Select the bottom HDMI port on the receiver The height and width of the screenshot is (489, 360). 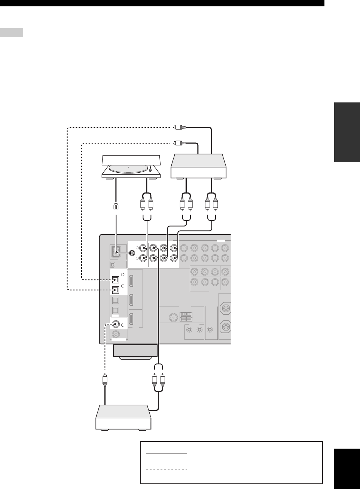(132, 319)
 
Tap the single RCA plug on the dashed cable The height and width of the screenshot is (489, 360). (105, 380)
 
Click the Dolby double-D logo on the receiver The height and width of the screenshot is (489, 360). (113, 264)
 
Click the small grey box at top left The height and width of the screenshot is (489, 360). (12, 33)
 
